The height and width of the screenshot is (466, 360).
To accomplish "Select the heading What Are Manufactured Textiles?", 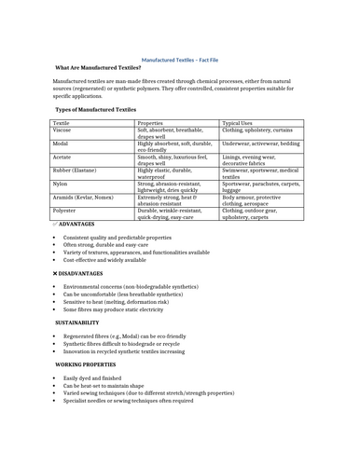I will click(98, 68).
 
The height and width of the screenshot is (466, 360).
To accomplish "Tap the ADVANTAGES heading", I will click(76, 225).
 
